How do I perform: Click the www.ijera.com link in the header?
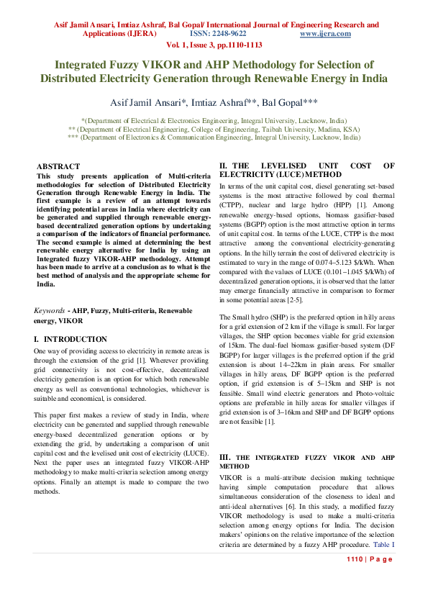tap(325, 34)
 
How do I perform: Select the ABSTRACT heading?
tap(58, 166)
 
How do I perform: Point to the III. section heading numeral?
tap(224, 457)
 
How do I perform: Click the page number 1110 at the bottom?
tap(356, 559)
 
